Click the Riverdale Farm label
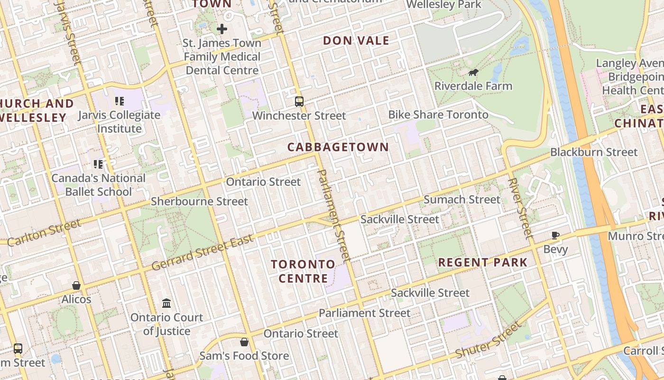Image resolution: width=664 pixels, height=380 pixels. point(473,86)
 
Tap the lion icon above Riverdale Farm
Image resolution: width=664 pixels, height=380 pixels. point(473,73)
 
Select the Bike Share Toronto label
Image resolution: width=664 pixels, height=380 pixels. point(438,114)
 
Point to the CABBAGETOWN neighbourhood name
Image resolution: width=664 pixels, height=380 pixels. point(338,147)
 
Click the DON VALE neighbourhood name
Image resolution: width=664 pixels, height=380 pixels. point(356,41)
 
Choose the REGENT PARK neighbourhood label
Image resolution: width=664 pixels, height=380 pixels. point(483,262)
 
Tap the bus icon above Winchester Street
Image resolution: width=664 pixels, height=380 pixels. point(299,101)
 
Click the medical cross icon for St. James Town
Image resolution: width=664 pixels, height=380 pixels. point(221,29)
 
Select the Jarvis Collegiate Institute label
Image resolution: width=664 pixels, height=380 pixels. point(120,122)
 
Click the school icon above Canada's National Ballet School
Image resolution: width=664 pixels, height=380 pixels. point(98,164)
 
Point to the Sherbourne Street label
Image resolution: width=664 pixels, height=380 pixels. point(199,201)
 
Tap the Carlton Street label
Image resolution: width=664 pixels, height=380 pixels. point(44,233)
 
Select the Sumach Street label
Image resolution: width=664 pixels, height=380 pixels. point(461,199)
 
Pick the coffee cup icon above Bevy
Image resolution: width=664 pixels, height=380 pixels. point(555,235)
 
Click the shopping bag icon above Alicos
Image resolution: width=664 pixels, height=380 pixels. point(76,285)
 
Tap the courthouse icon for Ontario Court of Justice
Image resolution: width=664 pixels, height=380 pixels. point(166,303)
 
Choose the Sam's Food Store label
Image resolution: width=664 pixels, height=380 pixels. point(244,356)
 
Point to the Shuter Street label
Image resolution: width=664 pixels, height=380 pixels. point(488,341)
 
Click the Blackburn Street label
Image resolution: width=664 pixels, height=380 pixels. point(594,152)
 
